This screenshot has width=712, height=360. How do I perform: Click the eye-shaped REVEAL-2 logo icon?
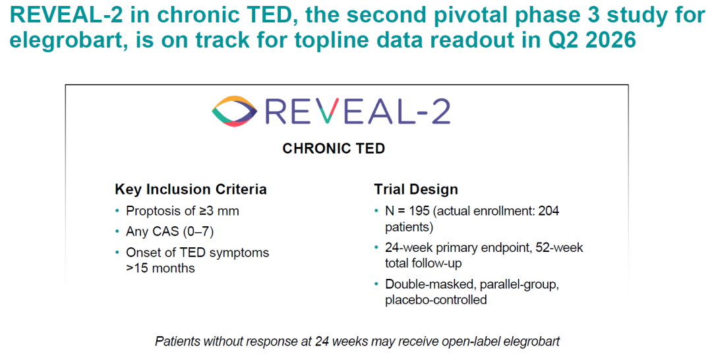pyautogui.click(x=234, y=111)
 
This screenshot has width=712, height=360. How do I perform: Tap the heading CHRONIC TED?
pyautogui.click(x=334, y=148)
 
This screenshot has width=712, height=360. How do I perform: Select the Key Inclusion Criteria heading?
pyautogui.click(x=191, y=189)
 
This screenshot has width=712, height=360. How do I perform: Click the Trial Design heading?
pyautogui.click(x=416, y=189)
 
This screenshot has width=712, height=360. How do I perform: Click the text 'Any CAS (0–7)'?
pyautogui.click(x=170, y=231)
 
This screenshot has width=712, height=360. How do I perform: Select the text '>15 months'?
pyautogui.click(x=160, y=268)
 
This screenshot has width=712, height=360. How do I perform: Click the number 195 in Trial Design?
pyautogui.click(x=419, y=211)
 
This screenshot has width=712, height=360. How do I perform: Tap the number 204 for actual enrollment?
pyautogui.click(x=549, y=211)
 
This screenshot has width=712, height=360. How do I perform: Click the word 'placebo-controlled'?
pyautogui.click(x=436, y=300)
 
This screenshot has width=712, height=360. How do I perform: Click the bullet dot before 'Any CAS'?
pyautogui.click(x=117, y=231)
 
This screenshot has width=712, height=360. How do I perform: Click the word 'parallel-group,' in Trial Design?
pyautogui.click(x=519, y=285)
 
